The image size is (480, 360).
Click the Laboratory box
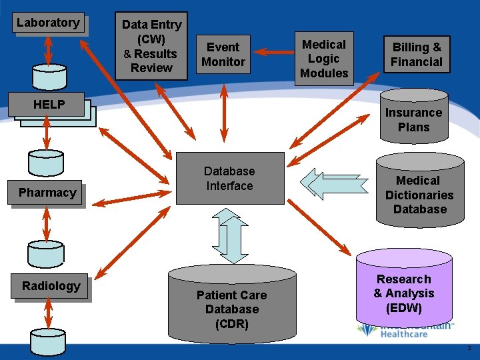[x=48, y=23]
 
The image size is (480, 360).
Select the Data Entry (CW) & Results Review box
[x=151, y=46]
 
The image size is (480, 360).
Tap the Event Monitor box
[x=223, y=55]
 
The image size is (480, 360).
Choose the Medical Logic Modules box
[x=324, y=59]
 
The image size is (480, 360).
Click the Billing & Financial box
[x=417, y=55]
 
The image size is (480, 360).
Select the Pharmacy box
[x=47, y=193]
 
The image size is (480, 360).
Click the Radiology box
[x=51, y=286]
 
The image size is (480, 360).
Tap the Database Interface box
[x=229, y=179]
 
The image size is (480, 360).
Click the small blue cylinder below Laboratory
[x=43, y=77]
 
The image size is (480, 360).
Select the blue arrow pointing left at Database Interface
[x=333, y=183]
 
